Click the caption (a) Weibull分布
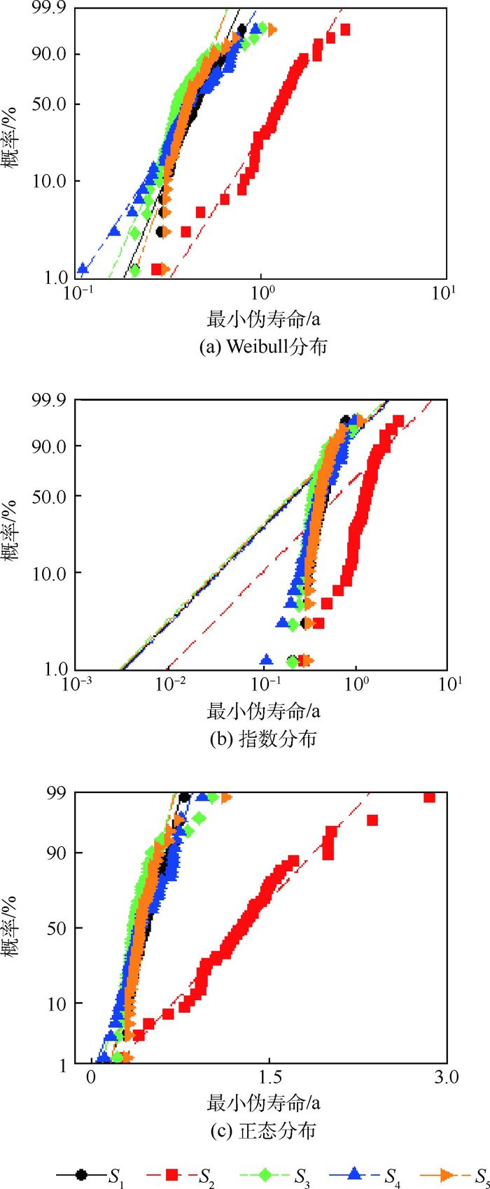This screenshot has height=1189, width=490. (263, 346)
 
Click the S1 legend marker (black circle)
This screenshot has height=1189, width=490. (82, 1174)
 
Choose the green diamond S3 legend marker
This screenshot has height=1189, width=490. (265, 1174)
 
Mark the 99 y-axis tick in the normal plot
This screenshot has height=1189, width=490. (58, 792)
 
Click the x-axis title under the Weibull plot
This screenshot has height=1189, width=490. (263, 320)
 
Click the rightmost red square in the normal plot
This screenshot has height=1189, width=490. (430, 797)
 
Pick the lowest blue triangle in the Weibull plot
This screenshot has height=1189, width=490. (83, 269)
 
